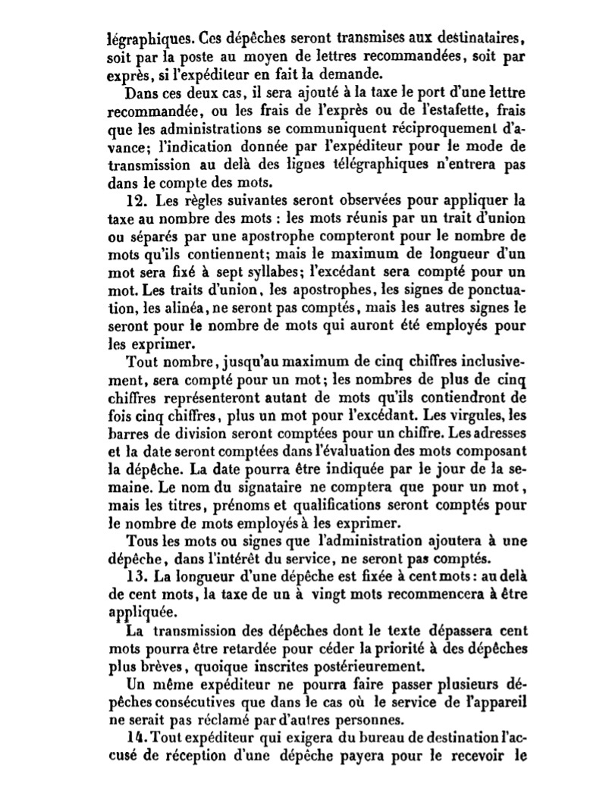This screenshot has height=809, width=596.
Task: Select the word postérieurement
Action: click(x=357, y=667)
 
